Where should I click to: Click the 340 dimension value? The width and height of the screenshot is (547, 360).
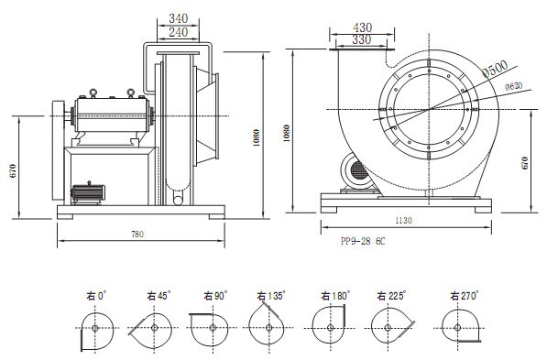coord(179,18)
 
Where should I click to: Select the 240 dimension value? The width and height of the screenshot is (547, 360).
coord(179,32)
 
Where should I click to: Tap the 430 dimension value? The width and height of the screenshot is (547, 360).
coord(363,27)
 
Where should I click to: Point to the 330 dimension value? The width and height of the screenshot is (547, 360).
coord(361,39)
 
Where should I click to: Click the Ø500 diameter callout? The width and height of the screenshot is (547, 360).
coord(496,69)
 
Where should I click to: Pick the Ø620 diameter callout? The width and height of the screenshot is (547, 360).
coord(514,86)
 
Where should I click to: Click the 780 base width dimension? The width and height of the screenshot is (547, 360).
coord(137,235)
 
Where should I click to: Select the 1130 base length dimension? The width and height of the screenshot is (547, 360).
coord(404,221)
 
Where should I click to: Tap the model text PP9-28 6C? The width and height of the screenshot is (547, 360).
coord(363,242)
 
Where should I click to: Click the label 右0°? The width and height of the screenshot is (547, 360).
coord(96,296)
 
